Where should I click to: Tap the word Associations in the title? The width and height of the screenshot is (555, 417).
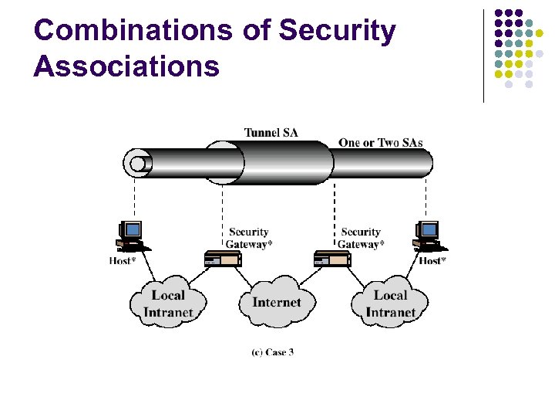click(x=126, y=66)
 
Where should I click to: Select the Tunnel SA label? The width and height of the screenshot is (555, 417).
click(x=271, y=132)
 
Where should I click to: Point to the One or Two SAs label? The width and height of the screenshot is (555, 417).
click(x=380, y=142)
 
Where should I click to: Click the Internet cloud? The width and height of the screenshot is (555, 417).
click(x=276, y=302)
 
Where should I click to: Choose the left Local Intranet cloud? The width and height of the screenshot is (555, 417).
click(x=168, y=303)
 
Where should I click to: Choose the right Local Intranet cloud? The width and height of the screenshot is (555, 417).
click(x=390, y=303)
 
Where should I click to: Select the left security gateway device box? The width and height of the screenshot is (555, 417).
click(x=222, y=259)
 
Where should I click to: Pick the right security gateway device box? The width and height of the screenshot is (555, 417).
click(x=333, y=259)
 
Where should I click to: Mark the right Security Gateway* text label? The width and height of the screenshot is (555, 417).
click(x=361, y=238)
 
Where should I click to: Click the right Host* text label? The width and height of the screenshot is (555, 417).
click(x=432, y=261)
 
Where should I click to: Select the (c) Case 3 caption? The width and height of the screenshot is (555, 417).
click(x=273, y=352)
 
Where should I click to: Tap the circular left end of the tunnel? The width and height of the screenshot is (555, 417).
click(x=138, y=164)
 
